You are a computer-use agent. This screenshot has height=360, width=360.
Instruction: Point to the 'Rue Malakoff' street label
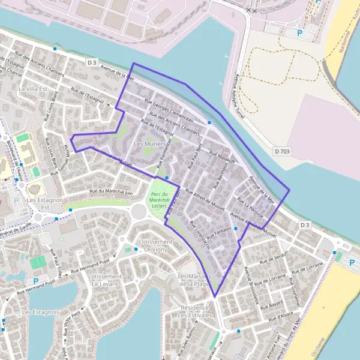222,157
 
